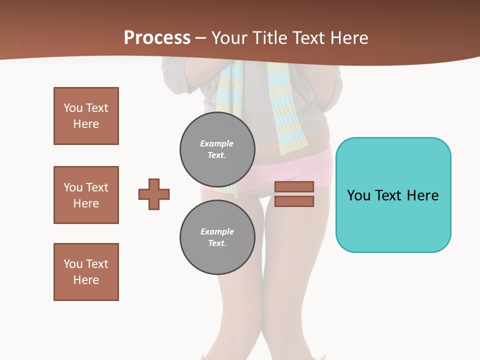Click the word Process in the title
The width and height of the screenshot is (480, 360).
click(x=157, y=38)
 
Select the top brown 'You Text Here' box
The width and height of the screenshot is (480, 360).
click(x=86, y=116)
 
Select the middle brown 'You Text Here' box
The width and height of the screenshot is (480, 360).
click(x=86, y=195)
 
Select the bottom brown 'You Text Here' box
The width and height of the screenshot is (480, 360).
click(x=86, y=272)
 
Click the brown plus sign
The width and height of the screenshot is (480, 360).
click(x=154, y=194)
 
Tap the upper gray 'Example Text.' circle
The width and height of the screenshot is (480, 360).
click(x=217, y=149)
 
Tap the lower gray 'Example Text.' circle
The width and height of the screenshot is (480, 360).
click(x=217, y=237)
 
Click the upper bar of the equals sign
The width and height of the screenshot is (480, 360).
click(x=294, y=186)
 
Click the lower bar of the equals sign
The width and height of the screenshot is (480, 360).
click(x=294, y=201)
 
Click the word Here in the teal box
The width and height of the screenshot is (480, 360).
click(x=423, y=195)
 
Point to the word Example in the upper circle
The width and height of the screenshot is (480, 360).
click(x=217, y=143)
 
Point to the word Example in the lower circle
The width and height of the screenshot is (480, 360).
click(x=217, y=231)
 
